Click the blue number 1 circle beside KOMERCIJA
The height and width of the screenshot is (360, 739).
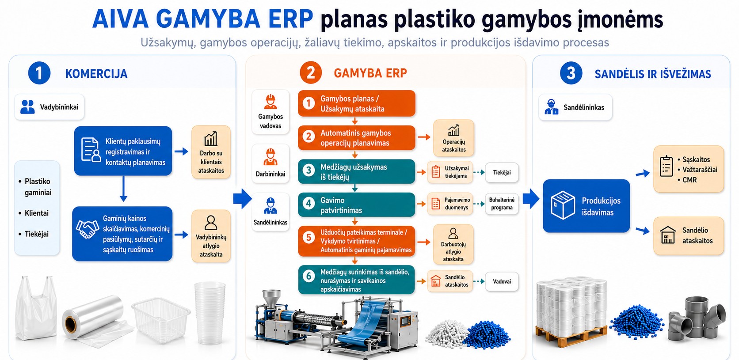pos(39,73)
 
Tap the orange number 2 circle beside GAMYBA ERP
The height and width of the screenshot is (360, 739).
pos(310,72)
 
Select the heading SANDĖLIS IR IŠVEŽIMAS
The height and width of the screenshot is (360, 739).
pos(652,74)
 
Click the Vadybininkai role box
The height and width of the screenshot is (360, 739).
pos(49,107)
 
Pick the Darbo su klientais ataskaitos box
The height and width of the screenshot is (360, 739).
pos(211,152)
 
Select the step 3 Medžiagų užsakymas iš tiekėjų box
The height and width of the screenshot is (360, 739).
pos(356,171)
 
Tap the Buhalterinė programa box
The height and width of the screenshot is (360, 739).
pos(502,204)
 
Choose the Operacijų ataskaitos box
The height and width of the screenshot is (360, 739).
pos(453,138)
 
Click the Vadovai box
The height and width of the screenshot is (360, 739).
pos(502,281)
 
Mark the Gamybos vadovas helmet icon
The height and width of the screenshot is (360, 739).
pos(270,102)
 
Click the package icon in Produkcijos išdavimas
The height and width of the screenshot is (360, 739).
pos(563,205)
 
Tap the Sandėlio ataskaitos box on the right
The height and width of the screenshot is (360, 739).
pos(689,235)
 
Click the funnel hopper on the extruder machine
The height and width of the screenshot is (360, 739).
pos(271,298)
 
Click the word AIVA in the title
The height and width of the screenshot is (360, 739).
pos(120,19)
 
